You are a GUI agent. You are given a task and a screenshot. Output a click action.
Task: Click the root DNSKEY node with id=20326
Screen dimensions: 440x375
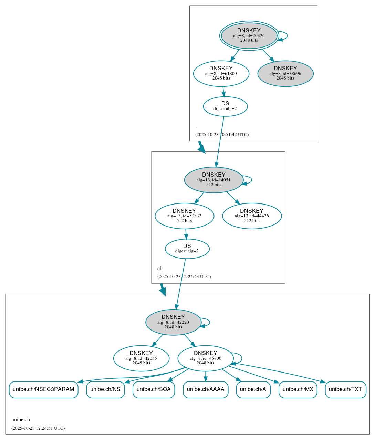[249, 35]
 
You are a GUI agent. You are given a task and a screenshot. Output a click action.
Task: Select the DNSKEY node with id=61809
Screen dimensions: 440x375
[221, 73]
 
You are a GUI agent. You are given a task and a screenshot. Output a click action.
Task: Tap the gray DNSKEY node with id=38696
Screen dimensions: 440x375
[285, 73]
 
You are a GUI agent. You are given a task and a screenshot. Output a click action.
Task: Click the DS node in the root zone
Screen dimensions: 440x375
[225, 106]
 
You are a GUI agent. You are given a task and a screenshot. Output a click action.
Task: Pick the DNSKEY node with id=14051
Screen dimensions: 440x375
[213, 180]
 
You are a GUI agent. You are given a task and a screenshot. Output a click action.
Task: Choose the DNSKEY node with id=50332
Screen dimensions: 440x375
[184, 216]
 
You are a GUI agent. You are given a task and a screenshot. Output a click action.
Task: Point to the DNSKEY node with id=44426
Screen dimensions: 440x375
[252, 216]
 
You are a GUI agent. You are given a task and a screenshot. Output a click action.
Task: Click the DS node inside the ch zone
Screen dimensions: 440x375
[187, 249]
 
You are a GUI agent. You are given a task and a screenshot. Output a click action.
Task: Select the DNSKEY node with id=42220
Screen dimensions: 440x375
[173, 322]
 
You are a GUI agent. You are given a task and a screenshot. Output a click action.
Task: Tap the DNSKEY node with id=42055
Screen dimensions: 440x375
[141, 358]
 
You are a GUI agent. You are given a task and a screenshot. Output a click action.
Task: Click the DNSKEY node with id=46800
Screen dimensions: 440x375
[206, 358]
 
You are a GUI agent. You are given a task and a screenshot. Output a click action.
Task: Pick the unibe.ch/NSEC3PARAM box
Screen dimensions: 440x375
[43, 389]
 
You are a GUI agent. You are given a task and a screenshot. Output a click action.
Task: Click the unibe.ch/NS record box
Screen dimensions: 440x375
[105, 389]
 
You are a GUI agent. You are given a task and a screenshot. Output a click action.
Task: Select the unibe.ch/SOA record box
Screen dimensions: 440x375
[154, 389]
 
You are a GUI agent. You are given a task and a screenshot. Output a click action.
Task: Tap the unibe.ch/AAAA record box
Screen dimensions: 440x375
[206, 389]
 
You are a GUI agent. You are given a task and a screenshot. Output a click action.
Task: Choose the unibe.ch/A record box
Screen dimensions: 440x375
[253, 389]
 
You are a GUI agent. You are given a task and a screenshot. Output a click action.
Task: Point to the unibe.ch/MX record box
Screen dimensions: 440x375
[298, 389]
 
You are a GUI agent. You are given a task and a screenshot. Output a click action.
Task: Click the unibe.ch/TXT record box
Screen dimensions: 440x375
[345, 389]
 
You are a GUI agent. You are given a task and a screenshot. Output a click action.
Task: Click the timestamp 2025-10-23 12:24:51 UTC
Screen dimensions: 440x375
[38, 428]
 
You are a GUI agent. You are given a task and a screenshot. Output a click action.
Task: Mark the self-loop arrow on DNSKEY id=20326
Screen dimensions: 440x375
[287, 36]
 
